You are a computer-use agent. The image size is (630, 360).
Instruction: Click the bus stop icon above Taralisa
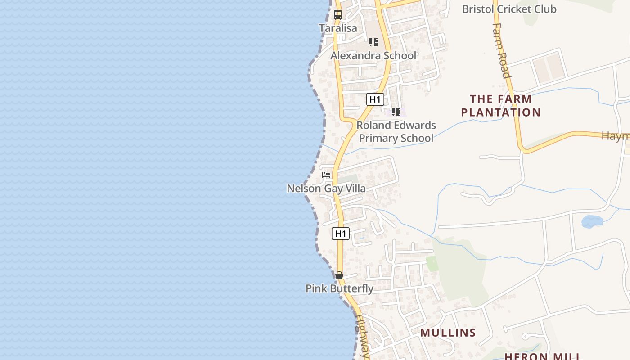(x=338, y=14)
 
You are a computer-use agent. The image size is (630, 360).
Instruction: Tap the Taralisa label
(x=338, y=28)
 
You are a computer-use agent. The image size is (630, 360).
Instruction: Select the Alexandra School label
(x=373, y=56)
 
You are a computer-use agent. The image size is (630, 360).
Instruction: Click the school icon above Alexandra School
(x=373, y=42)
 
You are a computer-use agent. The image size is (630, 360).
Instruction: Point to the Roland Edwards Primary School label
(x=396, y=131)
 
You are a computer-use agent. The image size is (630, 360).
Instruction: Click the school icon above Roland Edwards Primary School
(x=396, y=112)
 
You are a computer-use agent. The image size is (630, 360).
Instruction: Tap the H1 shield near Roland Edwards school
(x=375, y=99)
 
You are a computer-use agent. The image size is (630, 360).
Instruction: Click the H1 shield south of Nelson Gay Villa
(x=341, y=234)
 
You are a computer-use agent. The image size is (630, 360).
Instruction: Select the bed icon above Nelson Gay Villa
(x=327, y=175)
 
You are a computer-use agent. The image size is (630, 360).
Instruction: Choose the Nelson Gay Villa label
(x=326, y=188)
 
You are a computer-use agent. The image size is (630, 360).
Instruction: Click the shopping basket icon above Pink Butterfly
(x=339, y=275)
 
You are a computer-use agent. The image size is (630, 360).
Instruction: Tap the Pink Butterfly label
(x=339, y=288)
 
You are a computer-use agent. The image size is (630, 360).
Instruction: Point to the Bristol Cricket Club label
(x=509, y=9)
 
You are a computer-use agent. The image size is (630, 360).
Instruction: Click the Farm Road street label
(x=501, y=50)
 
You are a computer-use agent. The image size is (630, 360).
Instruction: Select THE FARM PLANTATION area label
(x=501, y=105)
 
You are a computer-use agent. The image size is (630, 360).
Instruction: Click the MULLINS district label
(x=448, y=333)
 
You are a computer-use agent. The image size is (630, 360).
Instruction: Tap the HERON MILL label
(x=543, y=356)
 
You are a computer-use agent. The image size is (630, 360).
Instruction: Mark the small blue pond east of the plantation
(x=592, y=221)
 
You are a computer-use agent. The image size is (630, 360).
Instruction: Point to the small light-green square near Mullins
(x=432, y=264)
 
